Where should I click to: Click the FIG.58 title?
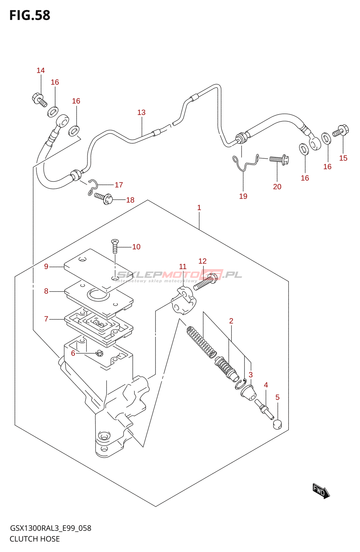pos(30,16)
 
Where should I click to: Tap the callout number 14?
pos(41,71)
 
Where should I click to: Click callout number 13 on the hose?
pos(141,112)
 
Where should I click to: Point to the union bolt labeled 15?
pos(341,131)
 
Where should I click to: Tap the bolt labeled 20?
pos(279,159)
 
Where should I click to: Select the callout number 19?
pos(243,196)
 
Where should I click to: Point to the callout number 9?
pos(46,266)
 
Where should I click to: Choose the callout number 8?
pos(46,291)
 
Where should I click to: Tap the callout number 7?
pos(46,319)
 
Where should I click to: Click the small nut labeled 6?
pos(100,353)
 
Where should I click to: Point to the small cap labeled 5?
pos(277,424)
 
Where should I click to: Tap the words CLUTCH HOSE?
pos(35,539)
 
